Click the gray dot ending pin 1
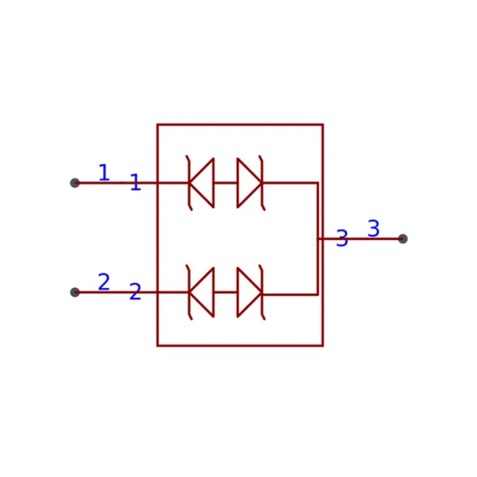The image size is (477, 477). (x=75, y=183)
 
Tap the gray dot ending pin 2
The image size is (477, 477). (x=75, y=292)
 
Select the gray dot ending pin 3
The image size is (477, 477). (x=402, y=238)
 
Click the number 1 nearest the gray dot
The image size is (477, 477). (x=104, y=173)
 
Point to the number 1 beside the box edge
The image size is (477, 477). (x=135, y=182)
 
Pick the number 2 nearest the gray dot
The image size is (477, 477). (x=104, y=282)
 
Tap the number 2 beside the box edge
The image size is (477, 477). (x=135, y=291)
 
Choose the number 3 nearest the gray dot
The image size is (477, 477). (x=374, y=228)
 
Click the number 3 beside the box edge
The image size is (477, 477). (x=342, y=238)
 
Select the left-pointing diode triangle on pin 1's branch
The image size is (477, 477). (x=202, y=183)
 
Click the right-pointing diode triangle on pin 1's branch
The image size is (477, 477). (x=250, y=183)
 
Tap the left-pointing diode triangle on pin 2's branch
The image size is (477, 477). (x=202, y=292)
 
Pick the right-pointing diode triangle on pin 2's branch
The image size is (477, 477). (x=250, y=292)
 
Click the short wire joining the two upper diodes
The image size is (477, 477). (x=225, y=183)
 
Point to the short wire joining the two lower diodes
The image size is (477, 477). (x=225, y=292)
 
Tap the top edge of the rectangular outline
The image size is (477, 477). (x=240, y=124)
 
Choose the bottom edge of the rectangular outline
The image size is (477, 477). (x=240, y=345)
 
